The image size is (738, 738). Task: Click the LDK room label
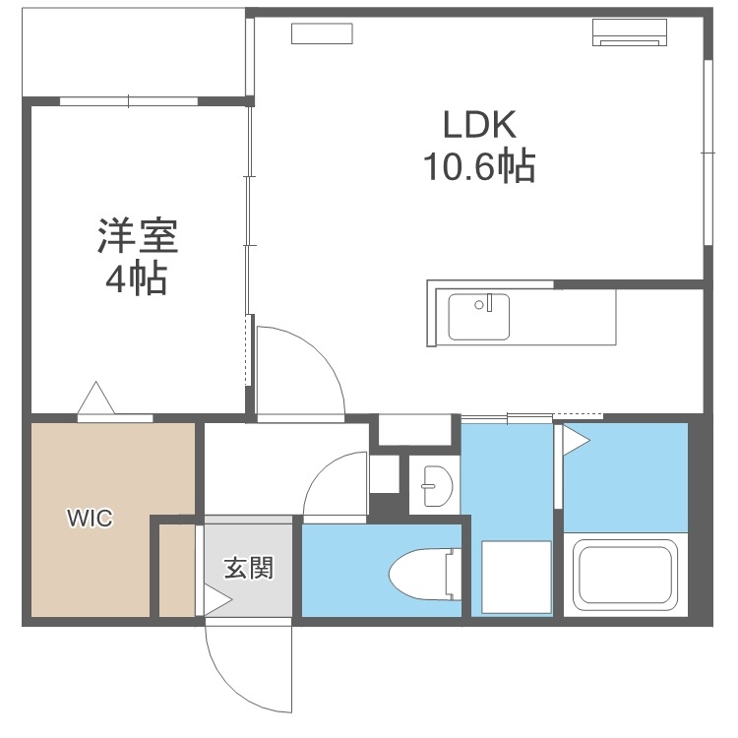[x=478, y=125]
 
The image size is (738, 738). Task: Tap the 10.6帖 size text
[x=478, y=168]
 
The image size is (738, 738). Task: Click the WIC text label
[x=90, y=518]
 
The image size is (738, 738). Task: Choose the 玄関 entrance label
[x=247, y=568]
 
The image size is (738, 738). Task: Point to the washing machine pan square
[x=516, y=577]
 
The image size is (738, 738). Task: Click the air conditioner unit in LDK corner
[x=630, y=32]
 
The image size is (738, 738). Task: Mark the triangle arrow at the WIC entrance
[x=95, y=399]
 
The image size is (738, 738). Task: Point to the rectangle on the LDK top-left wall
[x=322, y=32]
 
